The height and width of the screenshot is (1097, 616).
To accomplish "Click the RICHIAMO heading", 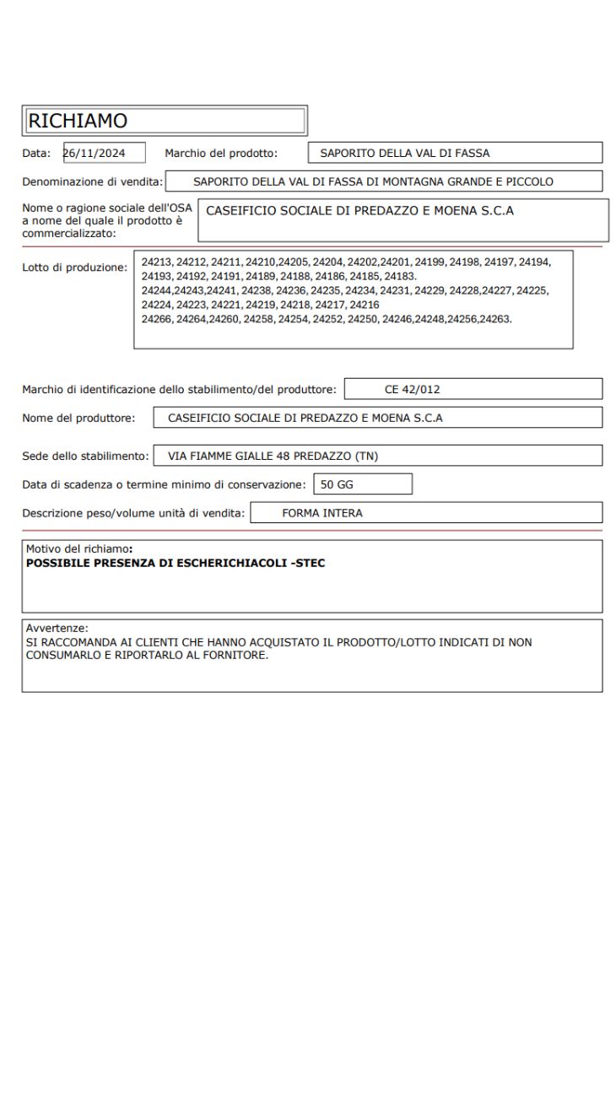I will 78,121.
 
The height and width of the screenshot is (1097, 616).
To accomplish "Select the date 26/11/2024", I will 95,153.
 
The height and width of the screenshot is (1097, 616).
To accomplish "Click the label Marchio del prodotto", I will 221,153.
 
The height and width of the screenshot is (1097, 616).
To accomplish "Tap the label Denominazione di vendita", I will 92,181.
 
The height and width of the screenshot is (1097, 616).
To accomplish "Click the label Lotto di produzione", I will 74,267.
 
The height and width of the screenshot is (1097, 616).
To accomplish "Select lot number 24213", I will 157,262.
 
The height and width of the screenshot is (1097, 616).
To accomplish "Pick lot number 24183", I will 400,276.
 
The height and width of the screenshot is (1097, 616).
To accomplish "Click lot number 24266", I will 157,319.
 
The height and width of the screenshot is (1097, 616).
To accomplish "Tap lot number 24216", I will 365,305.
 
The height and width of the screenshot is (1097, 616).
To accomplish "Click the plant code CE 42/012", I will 412,389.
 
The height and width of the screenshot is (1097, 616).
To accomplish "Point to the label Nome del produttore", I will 78,418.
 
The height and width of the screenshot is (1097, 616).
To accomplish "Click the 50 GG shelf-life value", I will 338,484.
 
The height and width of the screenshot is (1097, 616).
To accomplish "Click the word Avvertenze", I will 57,628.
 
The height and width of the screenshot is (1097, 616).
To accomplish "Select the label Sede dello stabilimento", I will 85,456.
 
